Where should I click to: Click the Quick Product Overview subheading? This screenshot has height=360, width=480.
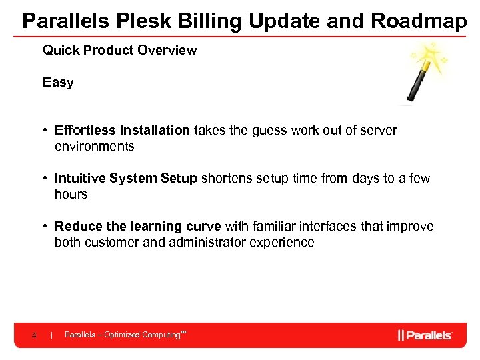tap(119, 51)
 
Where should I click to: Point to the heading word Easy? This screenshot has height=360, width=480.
tap(58, 83)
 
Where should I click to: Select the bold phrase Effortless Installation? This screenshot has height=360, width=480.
tap(122, 131)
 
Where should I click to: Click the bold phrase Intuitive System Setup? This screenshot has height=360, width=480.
tap(126, 179)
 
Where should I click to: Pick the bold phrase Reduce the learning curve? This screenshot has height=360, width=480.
tap(137, 227)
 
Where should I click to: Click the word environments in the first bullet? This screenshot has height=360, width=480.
tap(94, 147)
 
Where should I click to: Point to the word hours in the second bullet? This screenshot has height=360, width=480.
tap(71, 195)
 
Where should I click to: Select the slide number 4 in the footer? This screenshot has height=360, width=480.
tap(34, 335)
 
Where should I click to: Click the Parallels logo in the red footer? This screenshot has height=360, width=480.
tap(425, 335)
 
